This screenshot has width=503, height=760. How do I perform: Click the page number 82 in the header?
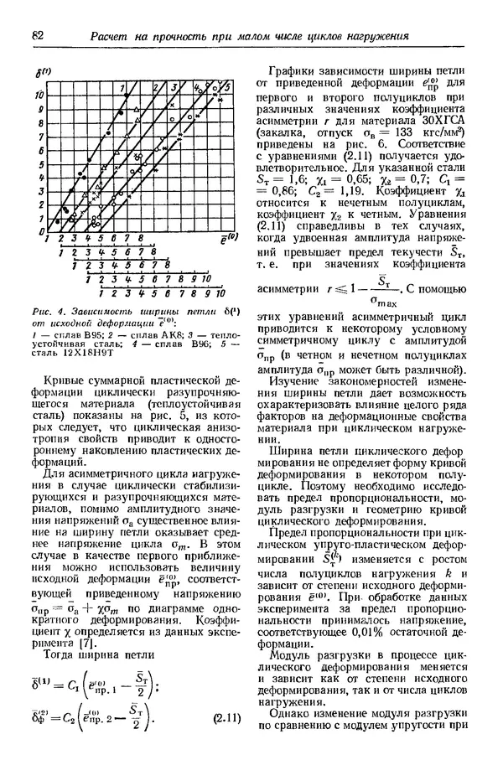pyautogui.click(x=36, y=36)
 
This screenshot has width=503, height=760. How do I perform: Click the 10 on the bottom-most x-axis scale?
pyautogui.click(x=220, y=294)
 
